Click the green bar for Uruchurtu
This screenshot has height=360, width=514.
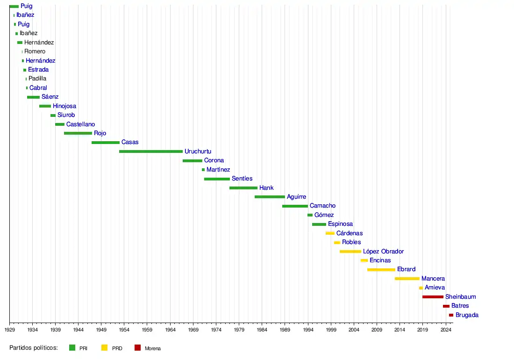(x=151, y=151)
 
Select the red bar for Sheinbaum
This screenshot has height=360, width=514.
(x=433, y=297)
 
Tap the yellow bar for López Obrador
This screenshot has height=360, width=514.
(x=350, y=252)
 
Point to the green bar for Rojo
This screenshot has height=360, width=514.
(x=78, y=133)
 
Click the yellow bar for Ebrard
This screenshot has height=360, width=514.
(x=381, y=270)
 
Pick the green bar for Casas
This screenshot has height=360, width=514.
(x=105, y=143)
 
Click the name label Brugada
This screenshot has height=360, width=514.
(x=467, y=315)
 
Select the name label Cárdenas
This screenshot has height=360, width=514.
(x=350, y=233)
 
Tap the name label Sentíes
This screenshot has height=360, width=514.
(x=242, y=179)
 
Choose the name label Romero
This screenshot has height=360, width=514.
(x=35, y=51)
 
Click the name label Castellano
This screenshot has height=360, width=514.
(x=80, y=124)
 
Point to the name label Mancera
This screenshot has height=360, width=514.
(x=433, y=279)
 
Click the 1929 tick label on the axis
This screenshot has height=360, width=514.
(x=9, y=330)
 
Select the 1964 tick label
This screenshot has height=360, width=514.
(x=170, y=330)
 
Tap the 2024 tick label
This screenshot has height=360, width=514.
(x=446, y=330)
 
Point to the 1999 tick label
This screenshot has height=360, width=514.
(x=331, y=330)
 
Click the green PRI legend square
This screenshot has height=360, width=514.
(x=72, y=348)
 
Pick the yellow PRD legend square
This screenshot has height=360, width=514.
(x=104, y=348)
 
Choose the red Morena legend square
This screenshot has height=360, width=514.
(x=137, y=348)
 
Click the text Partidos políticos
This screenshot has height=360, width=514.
(x=33, y=348)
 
